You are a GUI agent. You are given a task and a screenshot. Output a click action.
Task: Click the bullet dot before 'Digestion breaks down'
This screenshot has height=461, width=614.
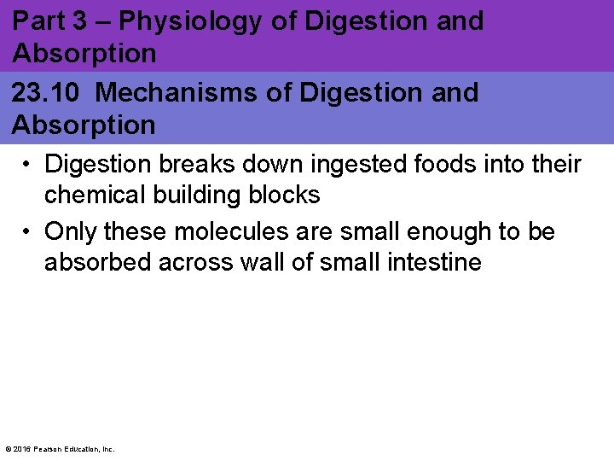pos(29,163)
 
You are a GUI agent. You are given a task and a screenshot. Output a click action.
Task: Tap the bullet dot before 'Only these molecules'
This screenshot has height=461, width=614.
pos(29,231)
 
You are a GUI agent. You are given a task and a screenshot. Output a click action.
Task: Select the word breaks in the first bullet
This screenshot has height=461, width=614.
pos(206,163)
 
